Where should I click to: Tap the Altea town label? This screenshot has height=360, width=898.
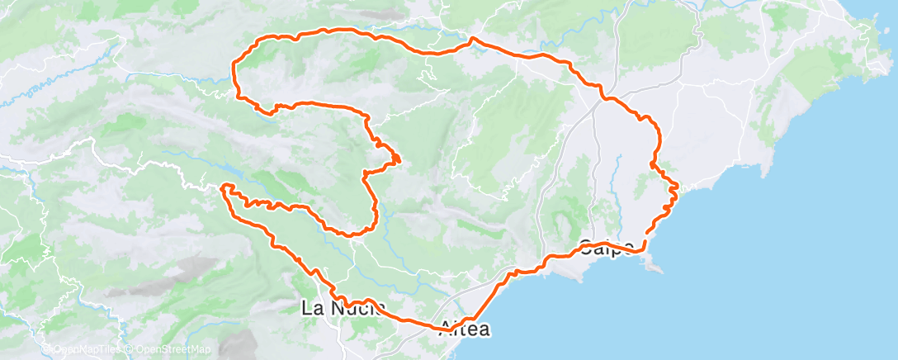[x=466, y=329]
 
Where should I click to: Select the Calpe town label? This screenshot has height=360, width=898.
[x=607, y=246]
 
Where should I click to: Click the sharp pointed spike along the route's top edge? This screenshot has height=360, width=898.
[x=472, y=38]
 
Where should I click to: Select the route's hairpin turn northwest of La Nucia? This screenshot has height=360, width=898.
[x=224, y=189]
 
